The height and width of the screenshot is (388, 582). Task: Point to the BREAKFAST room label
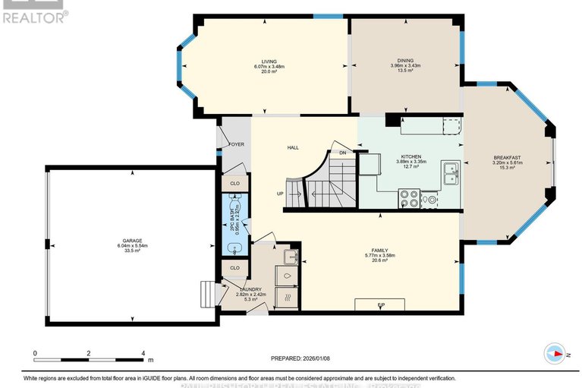tap(506, 157)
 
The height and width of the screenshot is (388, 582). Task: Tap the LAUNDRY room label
tap(250, 289)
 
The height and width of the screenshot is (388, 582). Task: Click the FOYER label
tap(235, 144)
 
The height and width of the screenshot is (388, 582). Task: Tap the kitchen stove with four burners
tap(410, 198)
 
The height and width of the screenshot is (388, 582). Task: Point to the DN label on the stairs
tap(343, 153)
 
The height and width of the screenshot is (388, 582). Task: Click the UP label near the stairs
tap(280, 193)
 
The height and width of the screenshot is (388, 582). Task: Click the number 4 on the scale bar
tap(143, 354)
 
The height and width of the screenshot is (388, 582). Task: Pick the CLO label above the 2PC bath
tap(234, 183)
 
